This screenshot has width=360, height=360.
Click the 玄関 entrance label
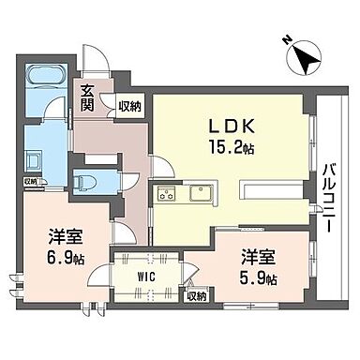[87, 97]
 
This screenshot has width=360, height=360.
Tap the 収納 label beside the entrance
[130, 107]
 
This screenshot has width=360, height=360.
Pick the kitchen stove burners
[168, 196]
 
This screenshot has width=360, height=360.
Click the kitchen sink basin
[201, 195]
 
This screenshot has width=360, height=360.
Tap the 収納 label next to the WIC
[197, 296]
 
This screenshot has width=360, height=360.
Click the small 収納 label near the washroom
[30, 181]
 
